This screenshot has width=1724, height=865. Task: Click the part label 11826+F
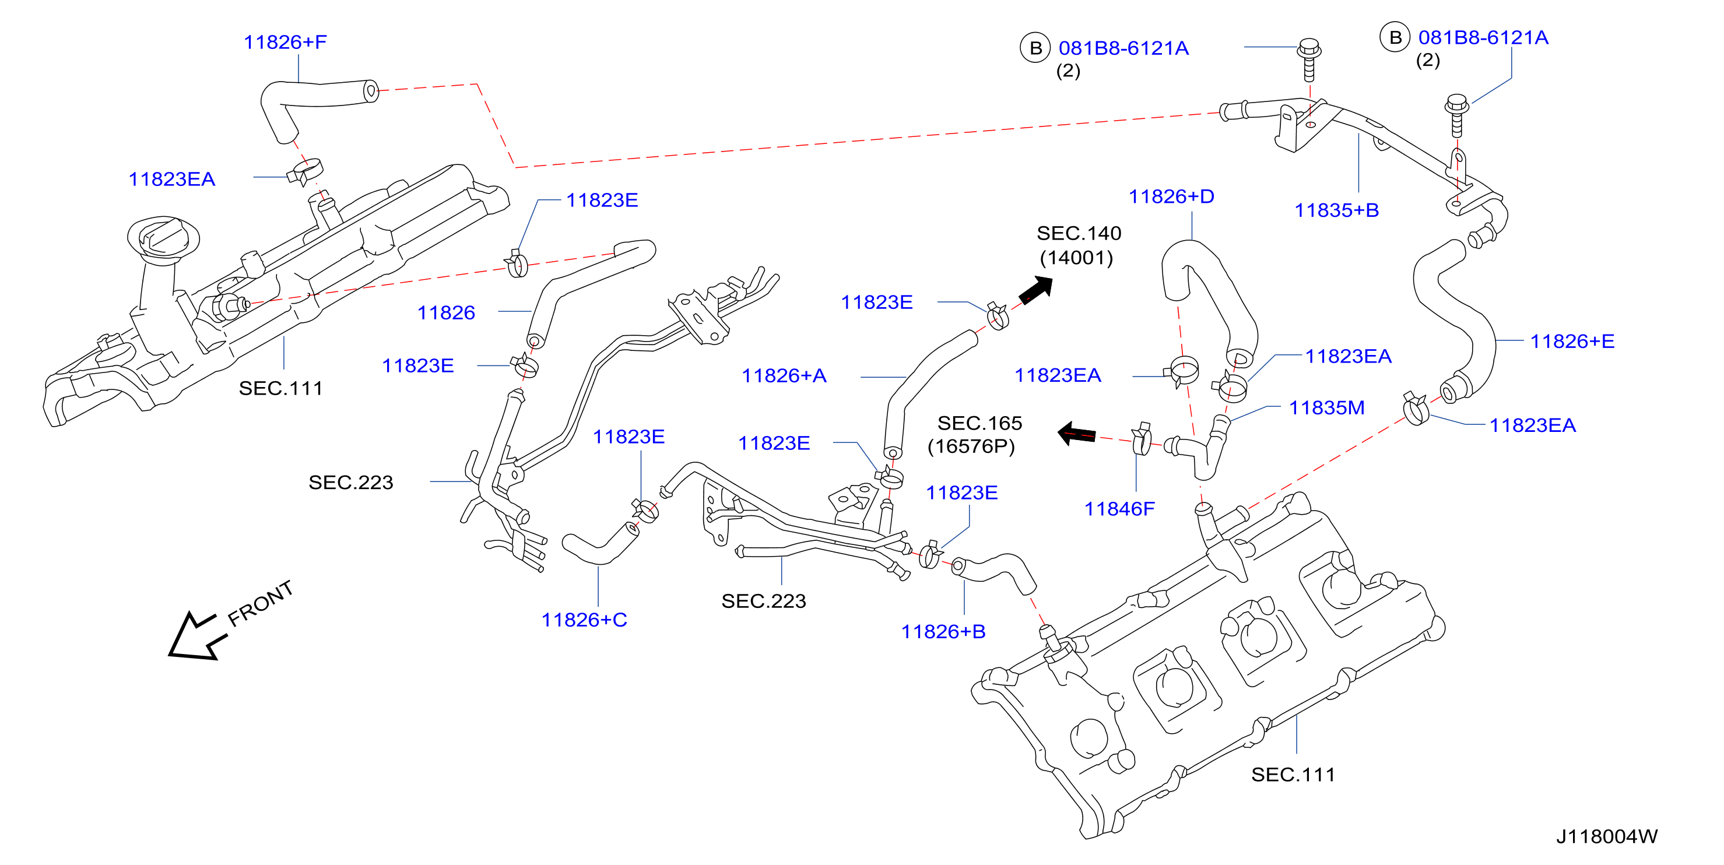click(285, 42)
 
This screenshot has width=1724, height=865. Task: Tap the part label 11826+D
click(1171, 196)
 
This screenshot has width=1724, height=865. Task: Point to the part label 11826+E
click(1572, 341)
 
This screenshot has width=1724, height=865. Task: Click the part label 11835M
click(1326, 407)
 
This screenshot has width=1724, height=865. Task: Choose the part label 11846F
click(1119, 509)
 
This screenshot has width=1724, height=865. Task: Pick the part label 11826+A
click(784, 375)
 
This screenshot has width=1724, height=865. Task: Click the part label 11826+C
click(584, 620)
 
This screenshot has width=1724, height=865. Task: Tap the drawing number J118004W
click(1606, 836)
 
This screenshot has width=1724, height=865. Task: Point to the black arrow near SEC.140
click(1036, 290)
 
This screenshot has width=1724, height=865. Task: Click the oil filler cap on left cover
click(163, 237)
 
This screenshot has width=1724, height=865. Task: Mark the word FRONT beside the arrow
click(261, 603)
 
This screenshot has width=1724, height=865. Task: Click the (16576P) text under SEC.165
click(971, 446)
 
